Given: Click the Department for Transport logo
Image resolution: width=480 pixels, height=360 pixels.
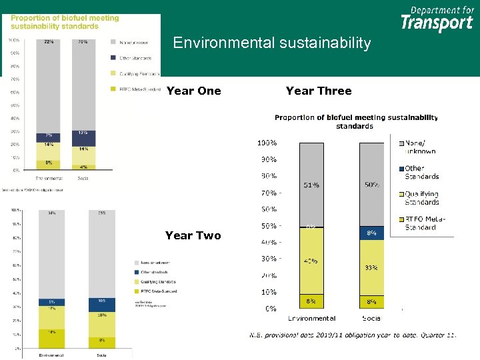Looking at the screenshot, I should pyautogui.click(x=437, y=19).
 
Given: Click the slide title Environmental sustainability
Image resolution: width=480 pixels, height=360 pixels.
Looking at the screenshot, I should pyautogui.click(x=271, y=43).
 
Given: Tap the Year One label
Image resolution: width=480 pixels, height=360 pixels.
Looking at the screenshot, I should pyautogui.click(x=193, y=91).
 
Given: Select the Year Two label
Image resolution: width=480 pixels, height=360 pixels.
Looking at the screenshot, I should pyautogui.click(x=193, y=235).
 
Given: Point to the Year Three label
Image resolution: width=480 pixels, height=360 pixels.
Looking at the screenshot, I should pyautogui.click(x=318, y=91).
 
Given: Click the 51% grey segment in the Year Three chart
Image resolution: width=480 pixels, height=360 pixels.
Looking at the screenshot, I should pyautogui.click(x=311, y=185).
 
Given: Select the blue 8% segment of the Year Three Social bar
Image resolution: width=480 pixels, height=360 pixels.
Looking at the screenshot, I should pyautogui.click(x=371, y=233).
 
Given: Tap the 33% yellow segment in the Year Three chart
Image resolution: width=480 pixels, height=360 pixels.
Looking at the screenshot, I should pyautogui.click(x=371, y=267).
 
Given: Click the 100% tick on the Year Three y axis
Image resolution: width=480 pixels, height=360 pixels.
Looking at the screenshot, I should pyautogui.click(x=267, y=143).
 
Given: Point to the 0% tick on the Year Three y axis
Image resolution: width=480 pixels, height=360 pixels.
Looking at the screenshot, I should pyautogui.click(x=271, y=309).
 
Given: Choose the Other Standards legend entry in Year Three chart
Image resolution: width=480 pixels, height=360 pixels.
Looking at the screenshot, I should pyautogui.click(x=421, y=172).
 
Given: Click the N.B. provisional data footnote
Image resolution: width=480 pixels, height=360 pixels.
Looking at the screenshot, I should pyautogui.click(x=353, y=335).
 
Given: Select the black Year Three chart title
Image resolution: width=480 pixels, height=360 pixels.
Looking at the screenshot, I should pyautogui.click(x=356, y=121).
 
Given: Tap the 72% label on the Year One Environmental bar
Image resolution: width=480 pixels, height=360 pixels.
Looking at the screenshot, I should pyautogui.click(x=49, y=41).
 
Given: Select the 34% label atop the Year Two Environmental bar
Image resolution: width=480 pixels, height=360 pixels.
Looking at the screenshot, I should pyautogui.click(x=51, y=213).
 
